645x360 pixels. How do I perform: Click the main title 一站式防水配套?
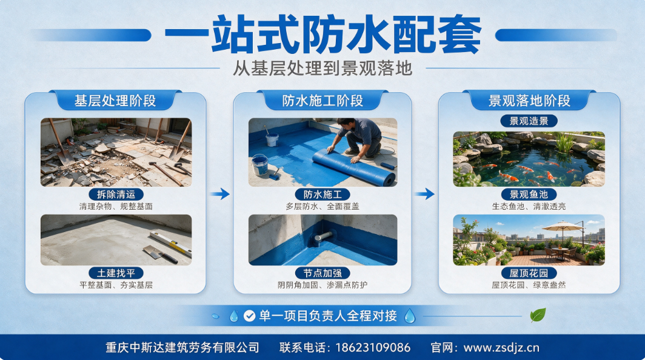pos(323,35)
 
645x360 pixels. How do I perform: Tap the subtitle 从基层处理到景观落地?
pos(323,68)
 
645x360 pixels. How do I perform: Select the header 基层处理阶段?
pos(115,101)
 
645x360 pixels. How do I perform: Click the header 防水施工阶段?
pos(323,101)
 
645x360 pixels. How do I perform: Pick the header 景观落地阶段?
pos(529,101)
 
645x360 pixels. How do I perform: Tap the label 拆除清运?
pos(116,194)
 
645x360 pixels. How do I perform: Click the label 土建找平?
pos(116,273)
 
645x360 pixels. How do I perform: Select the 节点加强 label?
pos(323,273)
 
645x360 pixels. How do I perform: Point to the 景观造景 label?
pos(529,121)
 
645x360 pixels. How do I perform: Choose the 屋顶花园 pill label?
pos(529,273)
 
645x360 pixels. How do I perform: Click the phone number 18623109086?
pos(373,348)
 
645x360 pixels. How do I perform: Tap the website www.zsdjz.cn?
pos(501,348)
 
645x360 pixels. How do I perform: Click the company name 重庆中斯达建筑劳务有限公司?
pos(182,348)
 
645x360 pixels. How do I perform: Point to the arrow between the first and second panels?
pos(220,194)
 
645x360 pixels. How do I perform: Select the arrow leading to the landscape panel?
pos(425,194)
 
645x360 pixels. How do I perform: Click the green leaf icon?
pos(538,315)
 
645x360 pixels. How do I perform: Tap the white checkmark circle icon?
pos(249,316)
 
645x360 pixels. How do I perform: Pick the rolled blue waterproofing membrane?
pos(354,167)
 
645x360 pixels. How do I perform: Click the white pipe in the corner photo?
pos(323,236)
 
